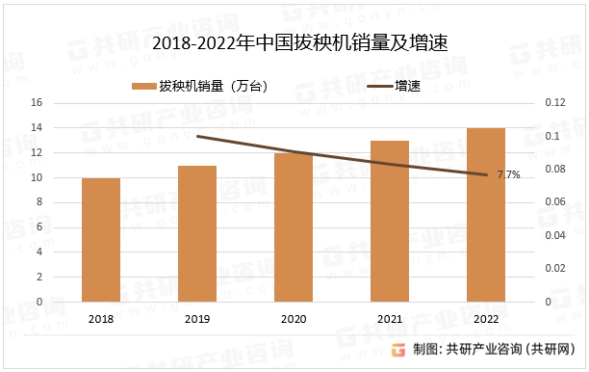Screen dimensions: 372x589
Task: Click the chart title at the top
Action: (x=294, y=43)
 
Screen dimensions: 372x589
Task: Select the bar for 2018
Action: (x=101, y=240)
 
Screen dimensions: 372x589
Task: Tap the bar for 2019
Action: (x=197, y=233)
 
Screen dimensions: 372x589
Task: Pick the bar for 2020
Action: (x=294, y=227)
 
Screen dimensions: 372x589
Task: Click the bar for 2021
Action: (x=390, y=221)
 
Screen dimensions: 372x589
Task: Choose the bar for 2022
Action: (x=486, y=215)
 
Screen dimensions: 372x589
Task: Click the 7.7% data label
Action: (x=508, y=174)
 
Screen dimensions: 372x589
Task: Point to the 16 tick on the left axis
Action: (x=38, y=103)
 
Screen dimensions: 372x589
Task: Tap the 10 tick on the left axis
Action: (x=38, y=177)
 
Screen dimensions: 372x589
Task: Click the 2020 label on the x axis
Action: (x=294, y=317)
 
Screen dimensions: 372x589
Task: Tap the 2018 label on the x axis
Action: (x=101, y=317)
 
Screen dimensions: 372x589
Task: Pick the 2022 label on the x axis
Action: (x=486, y=317)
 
